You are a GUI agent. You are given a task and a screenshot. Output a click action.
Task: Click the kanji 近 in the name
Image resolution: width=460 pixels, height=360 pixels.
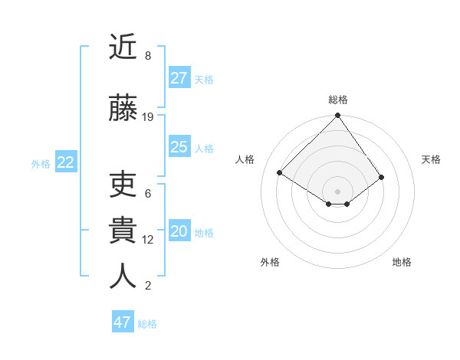pos(123,47)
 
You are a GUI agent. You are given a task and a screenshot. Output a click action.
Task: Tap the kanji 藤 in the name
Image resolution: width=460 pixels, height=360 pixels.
pos(123,107)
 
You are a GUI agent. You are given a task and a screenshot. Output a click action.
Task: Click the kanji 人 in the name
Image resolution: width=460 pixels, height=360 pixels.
pos(123,276)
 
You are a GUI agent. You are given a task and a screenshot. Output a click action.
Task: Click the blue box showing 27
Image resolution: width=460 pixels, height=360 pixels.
pos(179,78)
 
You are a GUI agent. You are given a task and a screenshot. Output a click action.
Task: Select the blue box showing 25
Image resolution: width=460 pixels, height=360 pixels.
pos(179,147)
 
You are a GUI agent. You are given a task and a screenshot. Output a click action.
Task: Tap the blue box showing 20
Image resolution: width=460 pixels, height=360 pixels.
pos(179,232)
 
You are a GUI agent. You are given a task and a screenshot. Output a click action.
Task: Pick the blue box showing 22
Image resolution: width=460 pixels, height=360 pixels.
pos(66,162)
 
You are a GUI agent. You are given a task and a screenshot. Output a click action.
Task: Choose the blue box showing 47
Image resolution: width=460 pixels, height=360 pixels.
pos(123,322)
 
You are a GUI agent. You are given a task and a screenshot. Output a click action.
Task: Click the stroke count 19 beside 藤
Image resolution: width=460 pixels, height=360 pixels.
pos(148,117)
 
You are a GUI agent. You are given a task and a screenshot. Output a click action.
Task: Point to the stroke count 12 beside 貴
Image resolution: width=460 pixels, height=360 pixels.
pos(148,240)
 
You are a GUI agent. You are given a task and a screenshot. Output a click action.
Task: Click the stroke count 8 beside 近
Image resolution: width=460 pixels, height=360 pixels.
pos(148,56)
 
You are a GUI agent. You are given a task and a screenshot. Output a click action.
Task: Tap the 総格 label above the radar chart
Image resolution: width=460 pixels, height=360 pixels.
pos(338,100)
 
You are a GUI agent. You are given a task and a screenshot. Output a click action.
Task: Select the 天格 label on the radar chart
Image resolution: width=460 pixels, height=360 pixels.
pos(431,159)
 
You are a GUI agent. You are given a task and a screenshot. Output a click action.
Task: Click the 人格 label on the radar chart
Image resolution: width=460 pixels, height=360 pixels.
pos(245,159)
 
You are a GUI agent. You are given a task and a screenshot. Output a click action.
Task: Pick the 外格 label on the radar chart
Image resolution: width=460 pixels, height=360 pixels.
pos(270,262)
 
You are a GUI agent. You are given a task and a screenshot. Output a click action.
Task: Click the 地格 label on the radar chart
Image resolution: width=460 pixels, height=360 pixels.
pos(402,262)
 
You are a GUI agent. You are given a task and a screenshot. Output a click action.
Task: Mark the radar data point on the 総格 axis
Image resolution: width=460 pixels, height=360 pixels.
pos(337,116)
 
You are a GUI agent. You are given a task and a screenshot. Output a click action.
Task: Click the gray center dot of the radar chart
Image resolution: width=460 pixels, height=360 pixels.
pos(337,190)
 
